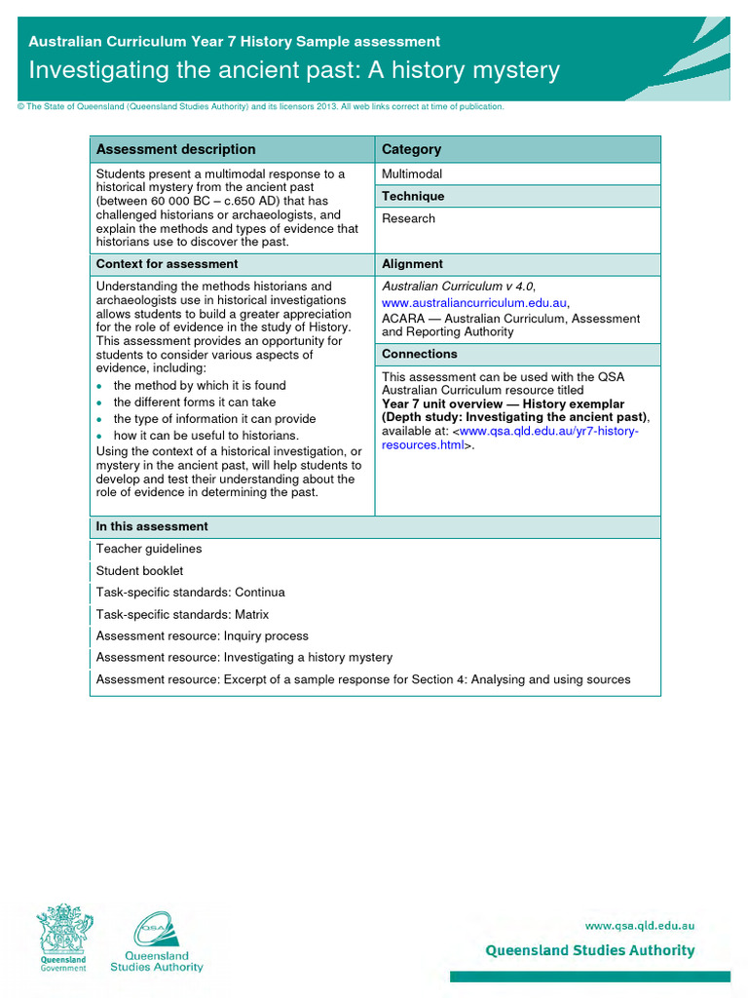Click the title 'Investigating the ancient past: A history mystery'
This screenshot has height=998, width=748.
click(x=294, y=71)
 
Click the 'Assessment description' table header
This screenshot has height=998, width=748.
click(x=175, y=149)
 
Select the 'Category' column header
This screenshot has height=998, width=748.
click(x=411, y=149)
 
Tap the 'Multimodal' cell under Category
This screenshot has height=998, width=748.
click(x=412, y=173)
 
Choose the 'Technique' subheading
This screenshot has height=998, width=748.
click(x=413, y=196)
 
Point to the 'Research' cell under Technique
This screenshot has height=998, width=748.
click(x=408, y=218)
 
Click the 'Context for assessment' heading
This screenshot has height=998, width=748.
click(x=167, y=264)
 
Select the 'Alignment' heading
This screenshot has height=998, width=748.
click(x=412, y=264)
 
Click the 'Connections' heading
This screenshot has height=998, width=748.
click(x=419, y=354)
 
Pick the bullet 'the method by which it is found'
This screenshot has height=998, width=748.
click(x=200, y=386)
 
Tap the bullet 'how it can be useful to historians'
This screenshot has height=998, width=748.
click(x=206, y=436)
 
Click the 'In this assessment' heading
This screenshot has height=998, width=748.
click(x=151, y=526)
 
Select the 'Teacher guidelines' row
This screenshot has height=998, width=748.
click(x=149, y=549)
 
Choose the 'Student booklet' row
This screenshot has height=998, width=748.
click(x=139, y=571)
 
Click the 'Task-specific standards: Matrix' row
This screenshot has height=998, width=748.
click(x=182, y=615)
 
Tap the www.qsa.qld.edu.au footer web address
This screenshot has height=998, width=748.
click(x=639, y=926)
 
